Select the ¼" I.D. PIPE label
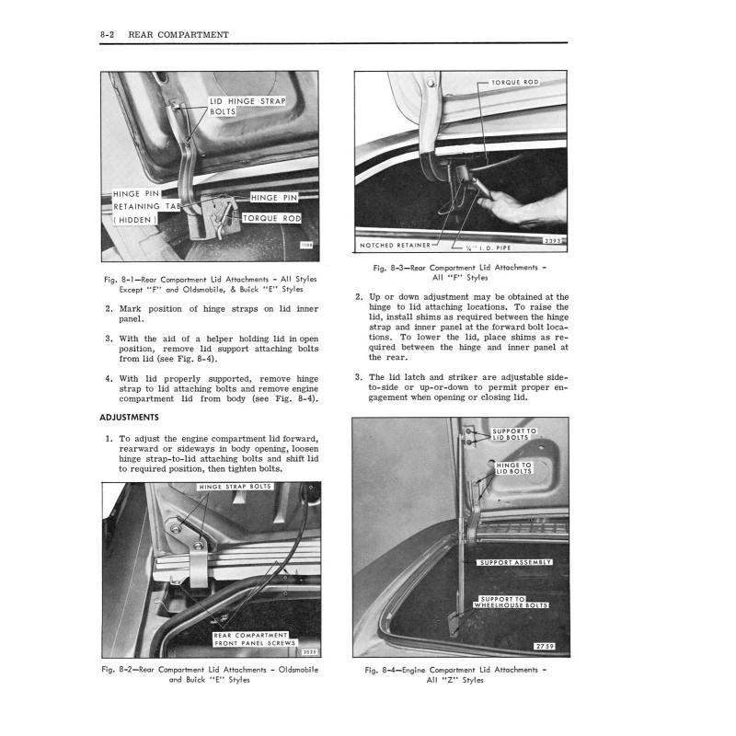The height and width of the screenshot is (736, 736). pos(485,247)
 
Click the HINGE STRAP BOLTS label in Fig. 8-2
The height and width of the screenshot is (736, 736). pos(235,487)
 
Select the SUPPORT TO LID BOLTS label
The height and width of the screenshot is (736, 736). pos(514,435)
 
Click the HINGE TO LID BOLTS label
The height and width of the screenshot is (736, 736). pos(514,469)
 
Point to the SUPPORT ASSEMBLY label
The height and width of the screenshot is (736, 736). pos(515,562)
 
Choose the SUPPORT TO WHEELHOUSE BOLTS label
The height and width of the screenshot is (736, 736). pos(511,603)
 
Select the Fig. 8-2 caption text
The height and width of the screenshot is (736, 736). pos(211,674)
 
